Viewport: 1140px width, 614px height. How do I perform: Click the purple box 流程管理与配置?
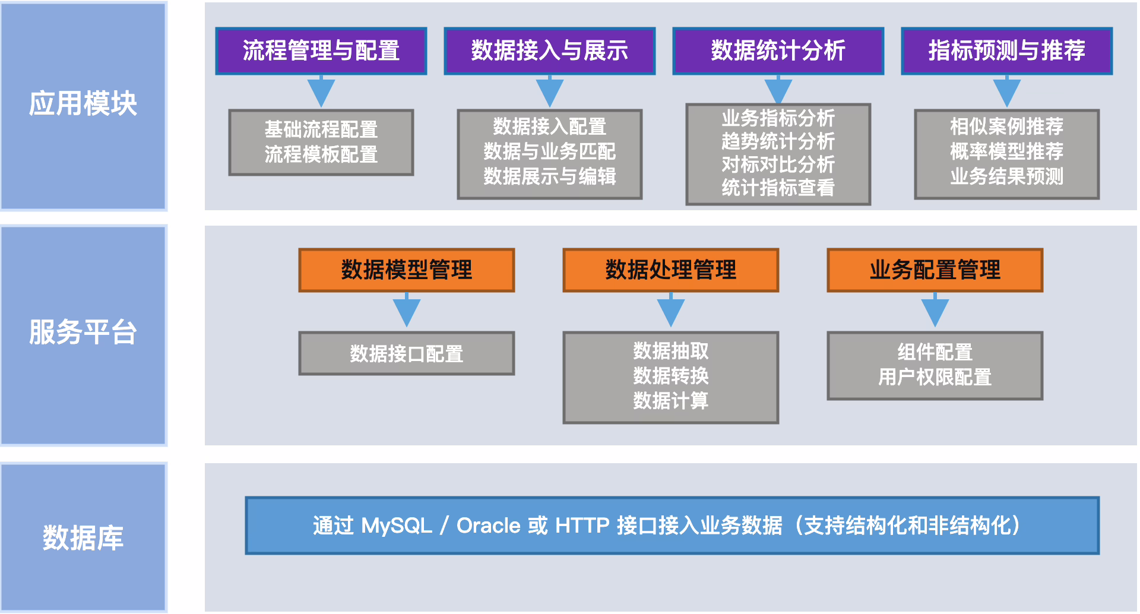(321, 51)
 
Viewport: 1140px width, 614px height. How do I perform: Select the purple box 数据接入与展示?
(549, 51)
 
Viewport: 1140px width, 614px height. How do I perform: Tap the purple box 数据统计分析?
(778, 51)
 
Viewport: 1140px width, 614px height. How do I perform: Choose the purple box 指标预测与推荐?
(1006, 51)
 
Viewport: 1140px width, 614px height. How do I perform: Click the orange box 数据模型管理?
(407, 270)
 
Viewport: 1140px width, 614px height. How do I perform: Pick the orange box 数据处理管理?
(671, 270)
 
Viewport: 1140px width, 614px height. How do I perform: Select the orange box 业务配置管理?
(935, 270)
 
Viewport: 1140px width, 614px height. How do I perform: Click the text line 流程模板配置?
(321, 154)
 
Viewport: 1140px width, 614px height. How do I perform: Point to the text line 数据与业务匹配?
(550, 151)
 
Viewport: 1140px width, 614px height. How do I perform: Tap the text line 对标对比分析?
(778, 164)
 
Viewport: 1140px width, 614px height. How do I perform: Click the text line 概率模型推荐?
(1007, 151)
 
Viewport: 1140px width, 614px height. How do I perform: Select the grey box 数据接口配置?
(407, 353)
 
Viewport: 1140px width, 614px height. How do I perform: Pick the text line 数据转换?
(671, 376)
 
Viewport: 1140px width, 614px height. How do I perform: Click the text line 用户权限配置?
(935, 377)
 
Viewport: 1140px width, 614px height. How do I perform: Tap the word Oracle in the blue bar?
(489, 526)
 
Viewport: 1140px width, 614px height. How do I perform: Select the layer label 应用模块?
(83, 104)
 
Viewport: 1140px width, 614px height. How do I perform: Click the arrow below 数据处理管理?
(671, 309)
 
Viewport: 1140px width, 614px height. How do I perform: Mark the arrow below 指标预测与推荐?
(1007, 91)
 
